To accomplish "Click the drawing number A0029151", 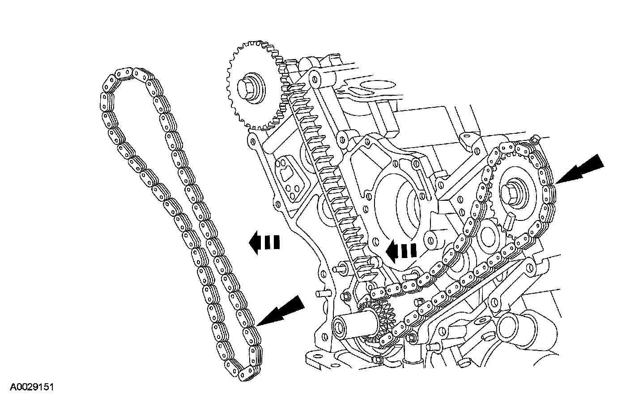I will click(33, 386).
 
